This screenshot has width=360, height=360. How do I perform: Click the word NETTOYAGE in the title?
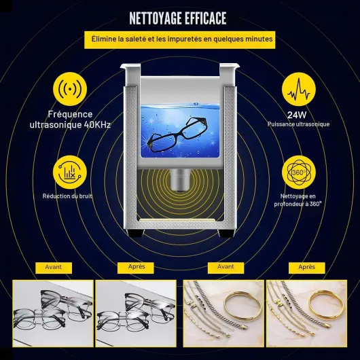pos(155,18)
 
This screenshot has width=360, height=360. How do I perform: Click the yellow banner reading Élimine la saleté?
pos(180,39)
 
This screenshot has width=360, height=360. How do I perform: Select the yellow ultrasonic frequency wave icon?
pos(70,89)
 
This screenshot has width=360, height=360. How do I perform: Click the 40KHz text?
pos(97,125)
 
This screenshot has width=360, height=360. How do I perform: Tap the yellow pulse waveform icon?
pos(299,89)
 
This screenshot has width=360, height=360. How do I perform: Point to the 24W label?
pos(297,115)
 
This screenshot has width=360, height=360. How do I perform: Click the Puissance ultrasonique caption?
pos(298,124)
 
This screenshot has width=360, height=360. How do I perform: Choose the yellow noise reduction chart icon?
pos(70,173)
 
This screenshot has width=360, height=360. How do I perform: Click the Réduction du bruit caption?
pos(67,196)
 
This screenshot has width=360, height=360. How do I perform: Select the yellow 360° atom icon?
pos(299,173)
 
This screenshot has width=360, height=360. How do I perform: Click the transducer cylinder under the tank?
pos(180,180)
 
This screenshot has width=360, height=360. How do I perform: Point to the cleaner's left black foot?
pos(136,233)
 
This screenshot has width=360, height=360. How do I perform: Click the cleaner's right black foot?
pos(226,233)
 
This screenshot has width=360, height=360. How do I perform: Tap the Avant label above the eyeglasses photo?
pos(54,268)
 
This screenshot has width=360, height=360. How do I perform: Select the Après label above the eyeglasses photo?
pos(135,268)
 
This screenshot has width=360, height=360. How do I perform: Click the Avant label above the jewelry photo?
pos(226,268)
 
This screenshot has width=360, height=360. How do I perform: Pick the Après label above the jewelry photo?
pos(307,268)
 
